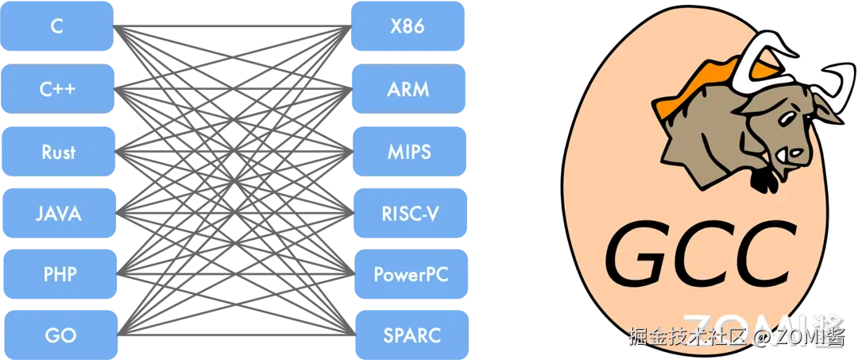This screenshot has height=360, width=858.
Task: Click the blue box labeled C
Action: (x=57, y=26)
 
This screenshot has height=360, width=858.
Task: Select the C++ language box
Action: (x=57, y=88)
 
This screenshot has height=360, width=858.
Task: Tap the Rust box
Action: (x=58, y=151)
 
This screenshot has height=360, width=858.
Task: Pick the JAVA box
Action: (x=58, y=213)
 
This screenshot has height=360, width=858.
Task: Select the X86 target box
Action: (x=408, y=26)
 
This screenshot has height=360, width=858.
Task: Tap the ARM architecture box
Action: (x=408, y=88)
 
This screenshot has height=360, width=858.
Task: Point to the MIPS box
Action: (x=408, y=151)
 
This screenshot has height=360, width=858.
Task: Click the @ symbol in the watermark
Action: (x=760, y=338)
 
